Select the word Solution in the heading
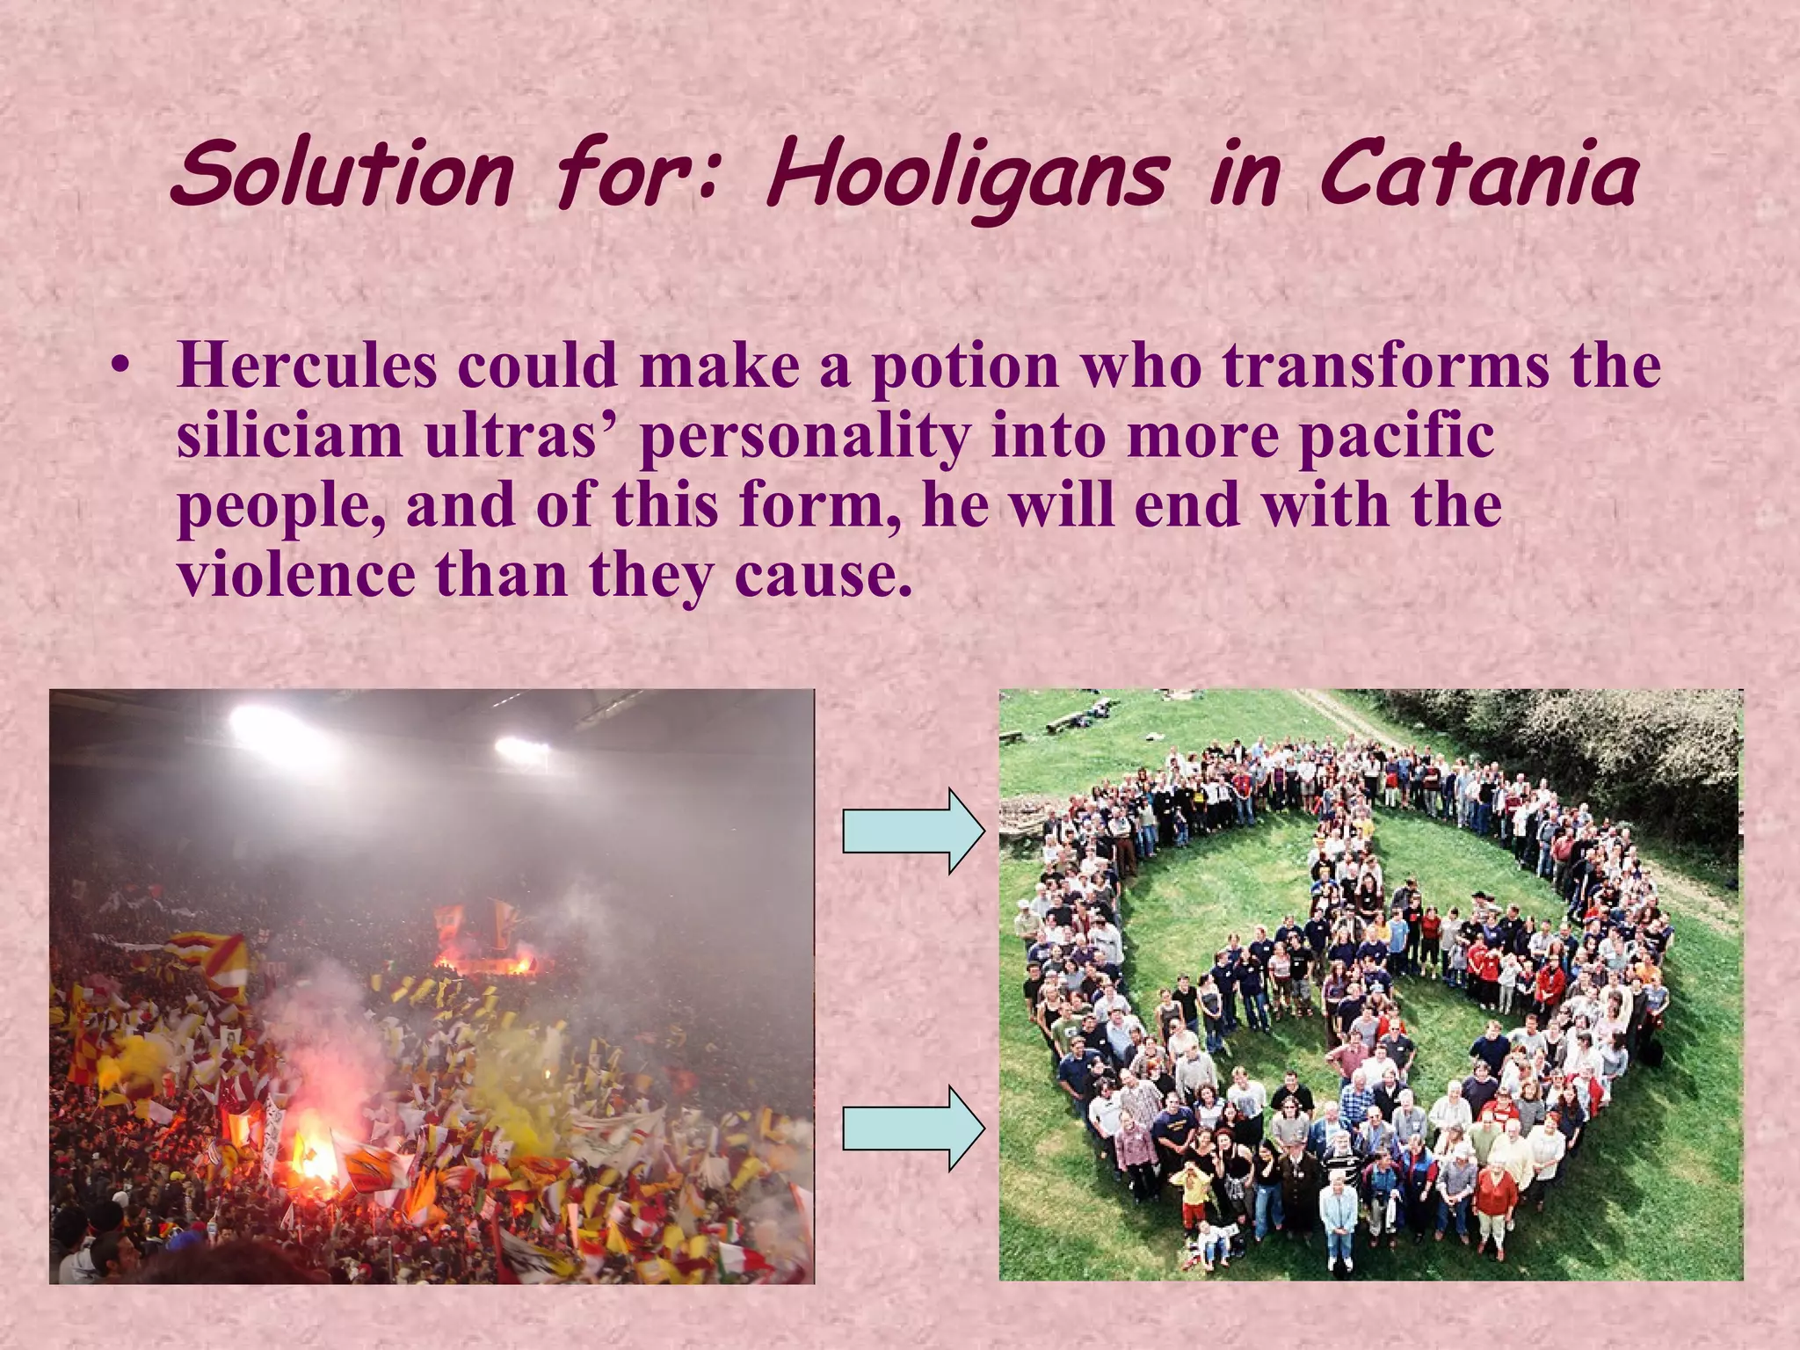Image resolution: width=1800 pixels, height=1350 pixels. pos(343,174)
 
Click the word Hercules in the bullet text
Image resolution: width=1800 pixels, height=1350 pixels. pos(307,365)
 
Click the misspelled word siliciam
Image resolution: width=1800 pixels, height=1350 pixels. pos(289,435)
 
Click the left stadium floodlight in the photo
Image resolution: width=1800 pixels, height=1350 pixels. pos(264,724)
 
